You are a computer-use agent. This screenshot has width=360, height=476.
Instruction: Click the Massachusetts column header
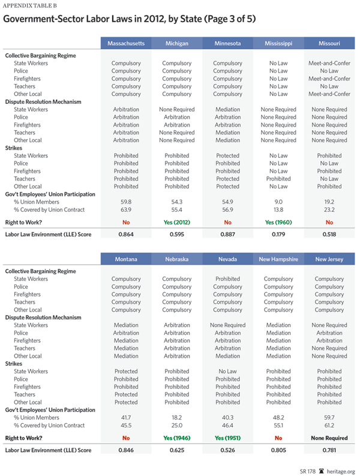click(126, 44)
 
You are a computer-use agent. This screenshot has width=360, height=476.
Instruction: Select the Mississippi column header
click(278, 44)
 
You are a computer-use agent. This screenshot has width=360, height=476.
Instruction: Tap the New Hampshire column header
click(278, 259)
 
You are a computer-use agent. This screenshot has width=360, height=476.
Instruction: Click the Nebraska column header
click(176, 259)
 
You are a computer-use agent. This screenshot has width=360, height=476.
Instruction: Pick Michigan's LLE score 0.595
click(176, 233)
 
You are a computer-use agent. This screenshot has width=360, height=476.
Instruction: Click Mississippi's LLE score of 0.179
click(278, 233)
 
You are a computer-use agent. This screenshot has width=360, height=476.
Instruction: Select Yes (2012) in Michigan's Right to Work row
click(176, 221)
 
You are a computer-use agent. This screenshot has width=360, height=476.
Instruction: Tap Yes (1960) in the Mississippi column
click(278, 221)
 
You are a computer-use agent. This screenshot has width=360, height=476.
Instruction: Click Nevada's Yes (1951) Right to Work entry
click(227, 438)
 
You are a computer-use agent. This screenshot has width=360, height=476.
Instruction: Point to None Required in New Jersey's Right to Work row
click(329, 438)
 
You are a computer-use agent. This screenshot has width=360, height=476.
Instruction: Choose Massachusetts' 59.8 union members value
click(126, 202)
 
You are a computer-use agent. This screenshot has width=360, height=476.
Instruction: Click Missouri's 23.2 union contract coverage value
click(329, 210)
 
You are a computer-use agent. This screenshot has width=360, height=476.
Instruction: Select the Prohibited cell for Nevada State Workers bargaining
click(227, 279)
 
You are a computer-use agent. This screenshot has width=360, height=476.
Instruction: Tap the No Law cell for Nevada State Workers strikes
click(227, 372)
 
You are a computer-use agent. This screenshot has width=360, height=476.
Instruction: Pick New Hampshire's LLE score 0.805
click(278, 450)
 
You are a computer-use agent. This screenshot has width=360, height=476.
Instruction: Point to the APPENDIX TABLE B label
click(28, 7)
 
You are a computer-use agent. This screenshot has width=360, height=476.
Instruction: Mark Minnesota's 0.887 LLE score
click(227, 233)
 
